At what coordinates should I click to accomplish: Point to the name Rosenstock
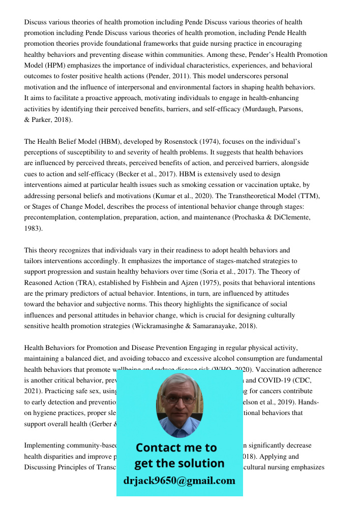pyautogui.click(x=169, y=141)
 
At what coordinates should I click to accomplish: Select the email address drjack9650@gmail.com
pyautogui.click(x=179, y=481)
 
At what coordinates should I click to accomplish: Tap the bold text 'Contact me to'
pyautogui.click(x=176, y=448)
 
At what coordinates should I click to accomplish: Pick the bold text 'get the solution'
pyautogui.click(x=179, y=463)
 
